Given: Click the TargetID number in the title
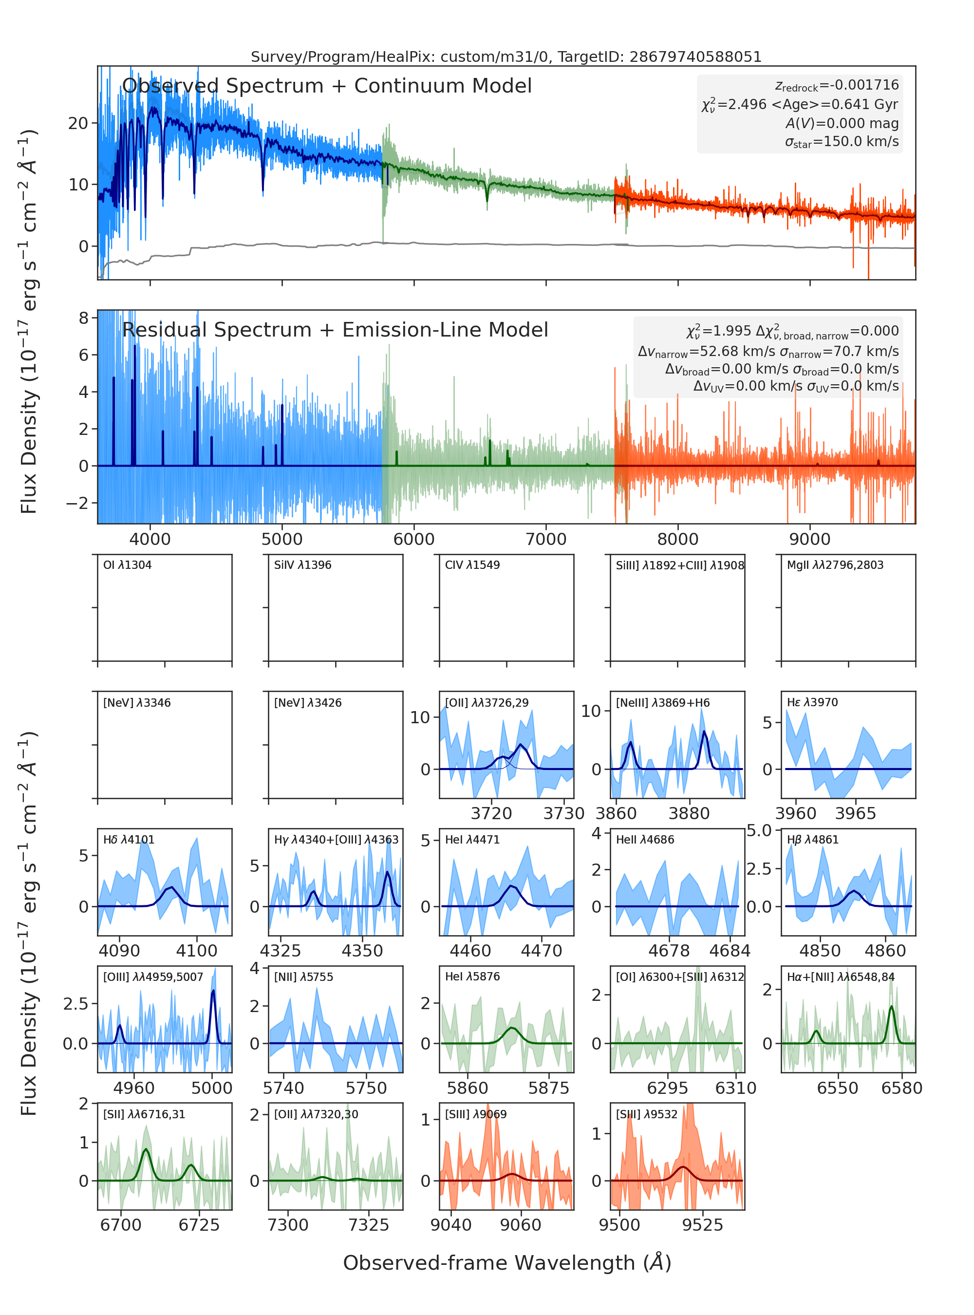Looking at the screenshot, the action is tap(696, 56).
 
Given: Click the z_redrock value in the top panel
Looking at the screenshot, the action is tap(837, 86).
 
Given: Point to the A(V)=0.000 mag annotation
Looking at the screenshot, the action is tap(842, 123).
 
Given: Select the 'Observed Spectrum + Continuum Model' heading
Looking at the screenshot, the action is tap(327, 86).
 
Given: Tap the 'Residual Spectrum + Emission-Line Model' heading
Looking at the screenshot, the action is tap(335, 330).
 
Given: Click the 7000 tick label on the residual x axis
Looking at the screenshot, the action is tap(546, 539).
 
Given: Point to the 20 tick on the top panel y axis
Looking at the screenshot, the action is tap(78, 123).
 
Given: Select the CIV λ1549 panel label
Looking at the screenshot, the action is tap(472, 565).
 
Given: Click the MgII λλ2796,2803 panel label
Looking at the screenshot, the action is tap(835, 565).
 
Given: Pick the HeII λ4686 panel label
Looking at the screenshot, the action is tap(645, 840).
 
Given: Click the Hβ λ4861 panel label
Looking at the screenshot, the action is tap(812, 840).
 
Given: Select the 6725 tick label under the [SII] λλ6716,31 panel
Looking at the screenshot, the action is tap(199, 1225).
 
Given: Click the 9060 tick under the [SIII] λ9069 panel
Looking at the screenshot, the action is tap(521, 1225).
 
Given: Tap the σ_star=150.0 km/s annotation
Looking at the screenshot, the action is tap(842, 142).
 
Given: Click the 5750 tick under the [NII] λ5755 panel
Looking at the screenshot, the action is tap(366, 1088).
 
